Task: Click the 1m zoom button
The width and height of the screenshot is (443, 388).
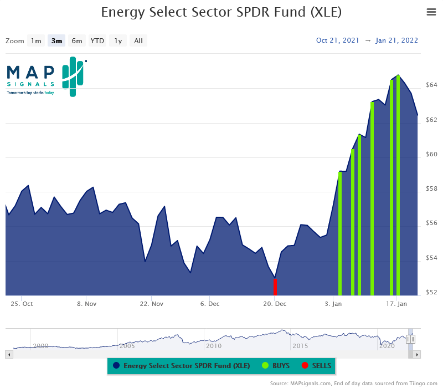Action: (36, 40)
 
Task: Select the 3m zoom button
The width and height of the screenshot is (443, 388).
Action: (56, 40)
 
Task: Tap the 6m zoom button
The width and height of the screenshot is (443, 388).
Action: (77, 40)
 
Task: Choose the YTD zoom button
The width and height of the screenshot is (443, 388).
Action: (97, 40)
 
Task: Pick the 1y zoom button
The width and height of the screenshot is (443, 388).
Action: (118, 40)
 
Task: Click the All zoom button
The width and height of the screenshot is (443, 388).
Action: (138, 40)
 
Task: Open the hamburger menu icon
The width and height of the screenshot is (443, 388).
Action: (431, 12)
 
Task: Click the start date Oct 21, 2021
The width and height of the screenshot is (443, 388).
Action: (338, 40)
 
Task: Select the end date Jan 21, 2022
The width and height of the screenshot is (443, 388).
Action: (396, 40)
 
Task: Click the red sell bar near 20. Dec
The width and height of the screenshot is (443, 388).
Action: (275, 287)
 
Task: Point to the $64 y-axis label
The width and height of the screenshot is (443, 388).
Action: (431, 85)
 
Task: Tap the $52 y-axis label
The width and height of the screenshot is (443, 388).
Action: (431, 292)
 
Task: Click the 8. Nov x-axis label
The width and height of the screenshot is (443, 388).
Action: (87, 304)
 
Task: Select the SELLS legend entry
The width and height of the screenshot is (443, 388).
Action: (317, 365)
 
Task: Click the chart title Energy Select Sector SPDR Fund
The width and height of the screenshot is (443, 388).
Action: (221, 12)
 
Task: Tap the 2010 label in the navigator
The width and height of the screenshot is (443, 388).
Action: (213, 345)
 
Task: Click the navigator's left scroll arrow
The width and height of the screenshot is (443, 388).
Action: (8, 354)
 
